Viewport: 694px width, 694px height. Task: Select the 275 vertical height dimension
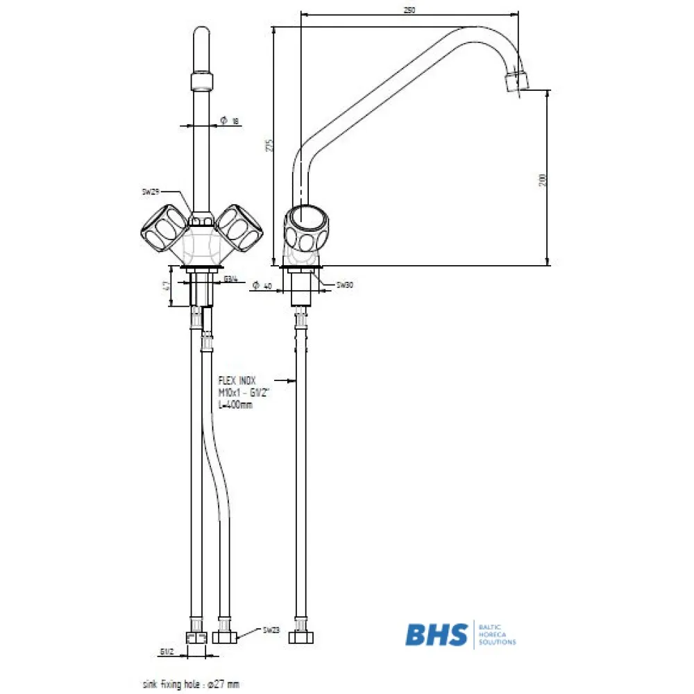pyautogui.click(x=270, y=145)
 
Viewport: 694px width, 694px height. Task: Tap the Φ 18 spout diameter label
pyautogui.click(x=230, y=121)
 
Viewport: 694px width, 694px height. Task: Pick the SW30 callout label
pyautogui.click(x=345, y=285)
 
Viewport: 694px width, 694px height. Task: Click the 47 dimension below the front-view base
pyautogui.click(x=167, y=287)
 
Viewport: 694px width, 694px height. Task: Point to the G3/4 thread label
pyautogui.click(x=231, y=280)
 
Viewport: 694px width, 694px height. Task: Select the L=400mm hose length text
pyautogui.click(x=235, y=405)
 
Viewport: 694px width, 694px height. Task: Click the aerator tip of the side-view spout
pyautogui.click(x=516, y=80)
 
